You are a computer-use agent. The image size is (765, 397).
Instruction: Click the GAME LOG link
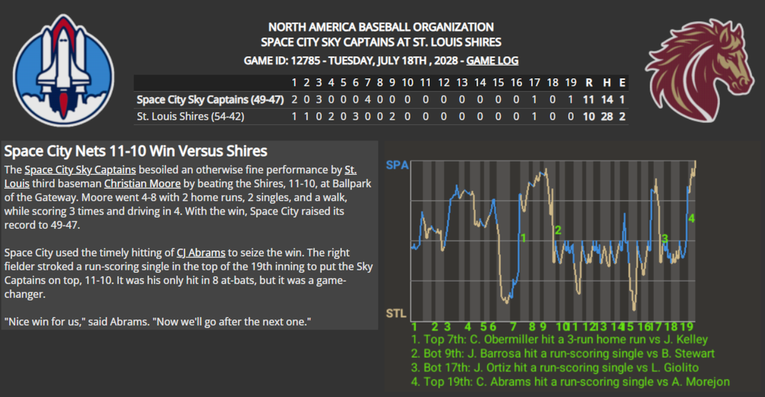click(492, 60)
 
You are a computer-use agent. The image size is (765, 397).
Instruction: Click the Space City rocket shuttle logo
click(63, 70)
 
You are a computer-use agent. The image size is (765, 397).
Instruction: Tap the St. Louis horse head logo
click(699, 70)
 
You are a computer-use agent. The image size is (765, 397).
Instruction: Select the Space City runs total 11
click(589, 100)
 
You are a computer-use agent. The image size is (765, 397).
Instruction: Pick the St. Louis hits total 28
click(607, 117)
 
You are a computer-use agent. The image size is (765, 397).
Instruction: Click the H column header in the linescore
click(607, 83)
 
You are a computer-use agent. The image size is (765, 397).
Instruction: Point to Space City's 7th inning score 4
click(368, 100)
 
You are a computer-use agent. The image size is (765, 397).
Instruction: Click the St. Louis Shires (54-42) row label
click(191, 117)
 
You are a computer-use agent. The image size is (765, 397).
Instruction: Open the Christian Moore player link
click(142, 184)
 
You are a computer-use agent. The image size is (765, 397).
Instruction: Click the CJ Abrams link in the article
click(201, 252)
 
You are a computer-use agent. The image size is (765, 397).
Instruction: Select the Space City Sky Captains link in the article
click(80, 170)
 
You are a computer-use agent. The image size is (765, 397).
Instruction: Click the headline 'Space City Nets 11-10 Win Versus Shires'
click(136, 151)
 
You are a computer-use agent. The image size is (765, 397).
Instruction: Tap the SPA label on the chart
click(397, 165)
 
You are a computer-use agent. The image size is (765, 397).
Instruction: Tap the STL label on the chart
click(396, 313)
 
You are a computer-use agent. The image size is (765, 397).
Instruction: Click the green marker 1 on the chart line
click(523, 238)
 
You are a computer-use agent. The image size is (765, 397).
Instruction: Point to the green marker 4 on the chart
click(691, 219)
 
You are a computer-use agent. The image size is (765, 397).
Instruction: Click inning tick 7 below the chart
click(513, 327)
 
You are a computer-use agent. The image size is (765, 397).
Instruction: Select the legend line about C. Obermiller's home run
click(559, 339)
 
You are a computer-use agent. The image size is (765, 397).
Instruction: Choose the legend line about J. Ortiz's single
click(555, 368)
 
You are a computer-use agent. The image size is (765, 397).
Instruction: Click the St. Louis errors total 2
click(622, 117)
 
